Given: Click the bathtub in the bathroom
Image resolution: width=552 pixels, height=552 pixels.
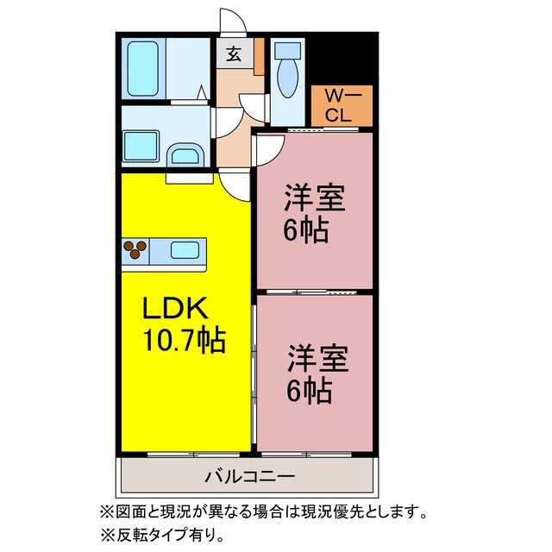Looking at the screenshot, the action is pyautogui.click(x=143, y=69).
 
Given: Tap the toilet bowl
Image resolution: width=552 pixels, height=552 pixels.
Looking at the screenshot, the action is pyautogui.click(x=287, y=78).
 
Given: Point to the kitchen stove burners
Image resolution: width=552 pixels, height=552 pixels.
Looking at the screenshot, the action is pyautogui.click(x=135, y=249).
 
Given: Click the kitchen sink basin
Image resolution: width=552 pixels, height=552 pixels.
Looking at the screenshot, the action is pyautogui.click(x=185, y=250).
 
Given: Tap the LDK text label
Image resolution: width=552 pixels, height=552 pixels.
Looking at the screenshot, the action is pyautogui.click(x=175, y=309).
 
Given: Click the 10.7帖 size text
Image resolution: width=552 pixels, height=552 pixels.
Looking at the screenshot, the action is pyautogui.click(x=184, y=339).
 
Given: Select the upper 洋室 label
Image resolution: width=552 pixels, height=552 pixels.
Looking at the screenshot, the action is pyautogui.click(x=314, y=198).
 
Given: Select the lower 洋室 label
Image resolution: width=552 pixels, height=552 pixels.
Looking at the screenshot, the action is pyautogui.click(x=318, y=359).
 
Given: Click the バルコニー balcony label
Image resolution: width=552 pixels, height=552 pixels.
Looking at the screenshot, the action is pyautogui.click(x=249, y=477).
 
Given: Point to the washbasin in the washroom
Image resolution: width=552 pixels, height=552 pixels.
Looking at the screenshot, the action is pyautogui.click(x=185, y=154).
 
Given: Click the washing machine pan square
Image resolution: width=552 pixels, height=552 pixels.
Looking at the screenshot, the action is pyautogui.click(x=141, y=146).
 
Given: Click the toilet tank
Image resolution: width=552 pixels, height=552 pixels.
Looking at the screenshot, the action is pyautogui.click(x=287, y=50).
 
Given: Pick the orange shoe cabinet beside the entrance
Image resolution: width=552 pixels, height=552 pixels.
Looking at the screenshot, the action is pyautogui.click(x=260, y=56).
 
